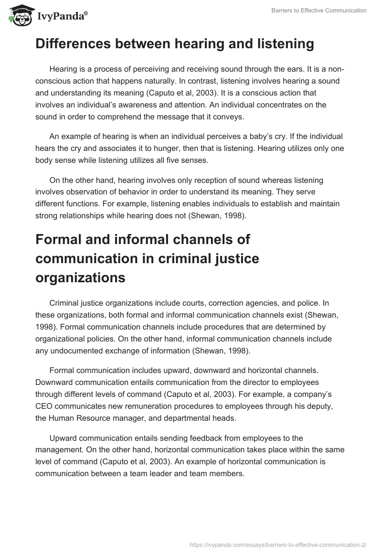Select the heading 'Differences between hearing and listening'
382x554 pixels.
174,44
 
